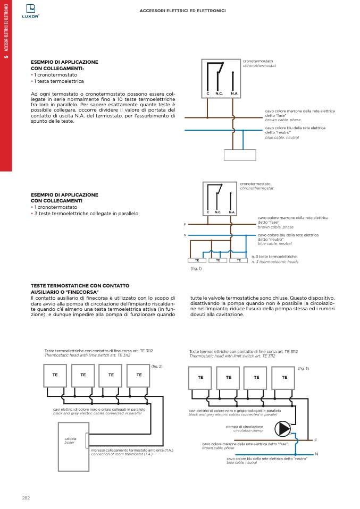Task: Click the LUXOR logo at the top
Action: pyautogui.click(x=33, y=11)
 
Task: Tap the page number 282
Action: pyautogui.click(x=26, y=497)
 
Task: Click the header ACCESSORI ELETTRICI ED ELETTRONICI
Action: pyautogui.click(x=182, y=11)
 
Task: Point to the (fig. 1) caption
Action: pyautogui.click(x=196, y=268)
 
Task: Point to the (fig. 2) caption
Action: pyautogui.click(x=157, y=366)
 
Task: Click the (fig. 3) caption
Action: pyautogui.click(x=303, y=368)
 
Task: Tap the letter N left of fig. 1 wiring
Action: pyautogui.click(x=185, y=235)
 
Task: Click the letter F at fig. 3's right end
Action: pyautogui.click(x=315, y=440)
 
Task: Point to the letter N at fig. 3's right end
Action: pyautogui.click(x=316, y=454)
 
